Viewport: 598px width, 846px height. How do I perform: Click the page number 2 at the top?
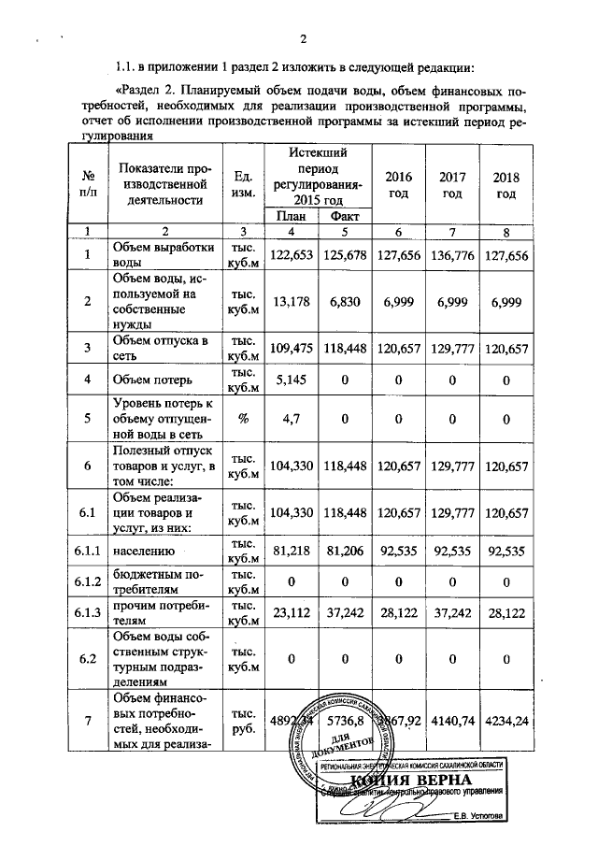(x=303, y=38)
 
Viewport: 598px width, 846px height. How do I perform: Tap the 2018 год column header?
(x=505, y=185)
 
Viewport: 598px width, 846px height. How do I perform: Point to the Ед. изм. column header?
(x=242, y=185)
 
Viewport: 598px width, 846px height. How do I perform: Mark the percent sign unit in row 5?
(x=242, y=418)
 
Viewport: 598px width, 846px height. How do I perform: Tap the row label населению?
(x=143, y=552)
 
